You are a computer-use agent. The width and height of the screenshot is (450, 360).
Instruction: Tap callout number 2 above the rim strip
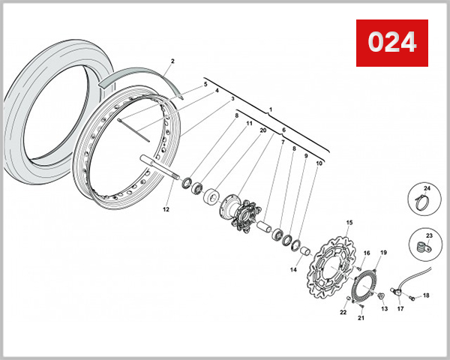click(x=172, y=61)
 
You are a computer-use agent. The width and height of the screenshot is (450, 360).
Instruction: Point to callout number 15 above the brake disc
click(x=349, y=223)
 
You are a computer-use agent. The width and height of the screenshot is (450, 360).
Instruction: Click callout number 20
click(x=263, y=130)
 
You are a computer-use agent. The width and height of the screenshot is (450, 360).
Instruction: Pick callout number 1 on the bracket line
click(x=270, y=109)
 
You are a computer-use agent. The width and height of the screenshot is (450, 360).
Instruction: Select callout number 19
click(x=382, y=252)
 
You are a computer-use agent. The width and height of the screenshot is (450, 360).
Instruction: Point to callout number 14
click(x=294, y=269)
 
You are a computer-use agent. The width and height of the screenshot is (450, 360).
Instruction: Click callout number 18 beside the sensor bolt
click(x=426, y=295)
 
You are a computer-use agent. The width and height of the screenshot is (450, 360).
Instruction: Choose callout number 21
click(x=360, y=318)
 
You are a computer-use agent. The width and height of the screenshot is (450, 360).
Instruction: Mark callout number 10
click(x=319, y=163)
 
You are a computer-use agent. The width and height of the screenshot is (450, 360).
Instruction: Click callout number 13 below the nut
click(x=384, y=308)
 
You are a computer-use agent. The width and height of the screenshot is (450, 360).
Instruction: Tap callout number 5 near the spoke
click(x=205, y=85)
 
